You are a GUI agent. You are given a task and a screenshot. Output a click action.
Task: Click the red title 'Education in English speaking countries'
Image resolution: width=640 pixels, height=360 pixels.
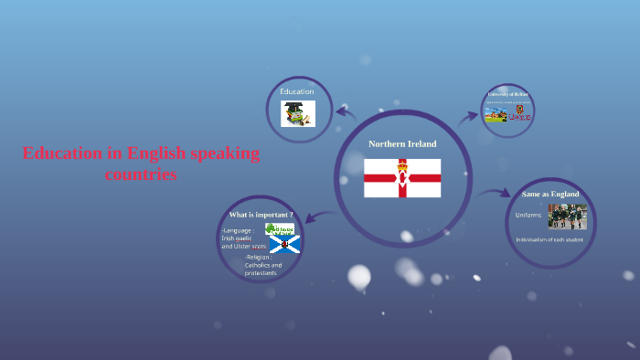pos(141,163)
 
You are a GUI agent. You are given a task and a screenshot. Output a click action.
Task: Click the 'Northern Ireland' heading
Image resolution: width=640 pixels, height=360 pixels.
pos(402,144)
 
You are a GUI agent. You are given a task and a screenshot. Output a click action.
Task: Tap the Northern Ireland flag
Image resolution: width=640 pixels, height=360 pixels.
pos(402,178)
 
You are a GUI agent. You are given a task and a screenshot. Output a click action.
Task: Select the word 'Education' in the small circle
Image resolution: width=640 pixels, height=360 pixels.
pos(297,91)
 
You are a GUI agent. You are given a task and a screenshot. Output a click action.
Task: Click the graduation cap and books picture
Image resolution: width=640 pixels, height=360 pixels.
pos(297,113)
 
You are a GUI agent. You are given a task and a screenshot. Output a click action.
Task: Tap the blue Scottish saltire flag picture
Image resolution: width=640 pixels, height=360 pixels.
pos(284,245)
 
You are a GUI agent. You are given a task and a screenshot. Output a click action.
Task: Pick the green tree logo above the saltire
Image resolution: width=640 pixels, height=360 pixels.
pos(280,228)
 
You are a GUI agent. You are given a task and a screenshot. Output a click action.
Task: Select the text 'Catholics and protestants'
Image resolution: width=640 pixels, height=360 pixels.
pos(263,269)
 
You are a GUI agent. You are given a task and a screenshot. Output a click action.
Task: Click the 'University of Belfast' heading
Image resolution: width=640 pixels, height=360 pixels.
pos(508,95)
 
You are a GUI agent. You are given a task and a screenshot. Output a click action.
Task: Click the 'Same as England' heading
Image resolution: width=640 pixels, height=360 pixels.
pos(550,194)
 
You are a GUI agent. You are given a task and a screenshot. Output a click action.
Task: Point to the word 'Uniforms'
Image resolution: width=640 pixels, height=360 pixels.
pos(528,215)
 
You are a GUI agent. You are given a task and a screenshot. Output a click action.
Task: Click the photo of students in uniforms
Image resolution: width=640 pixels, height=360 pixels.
pos(567,217)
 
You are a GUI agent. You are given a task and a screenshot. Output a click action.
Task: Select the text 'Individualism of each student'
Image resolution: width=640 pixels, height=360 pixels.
pos(549,239)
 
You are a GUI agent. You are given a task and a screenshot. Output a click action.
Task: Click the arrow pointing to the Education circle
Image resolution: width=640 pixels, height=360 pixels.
pos(346,112)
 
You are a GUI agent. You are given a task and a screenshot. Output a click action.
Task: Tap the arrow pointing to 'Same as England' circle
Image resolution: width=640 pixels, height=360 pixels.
pos(495,193)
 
